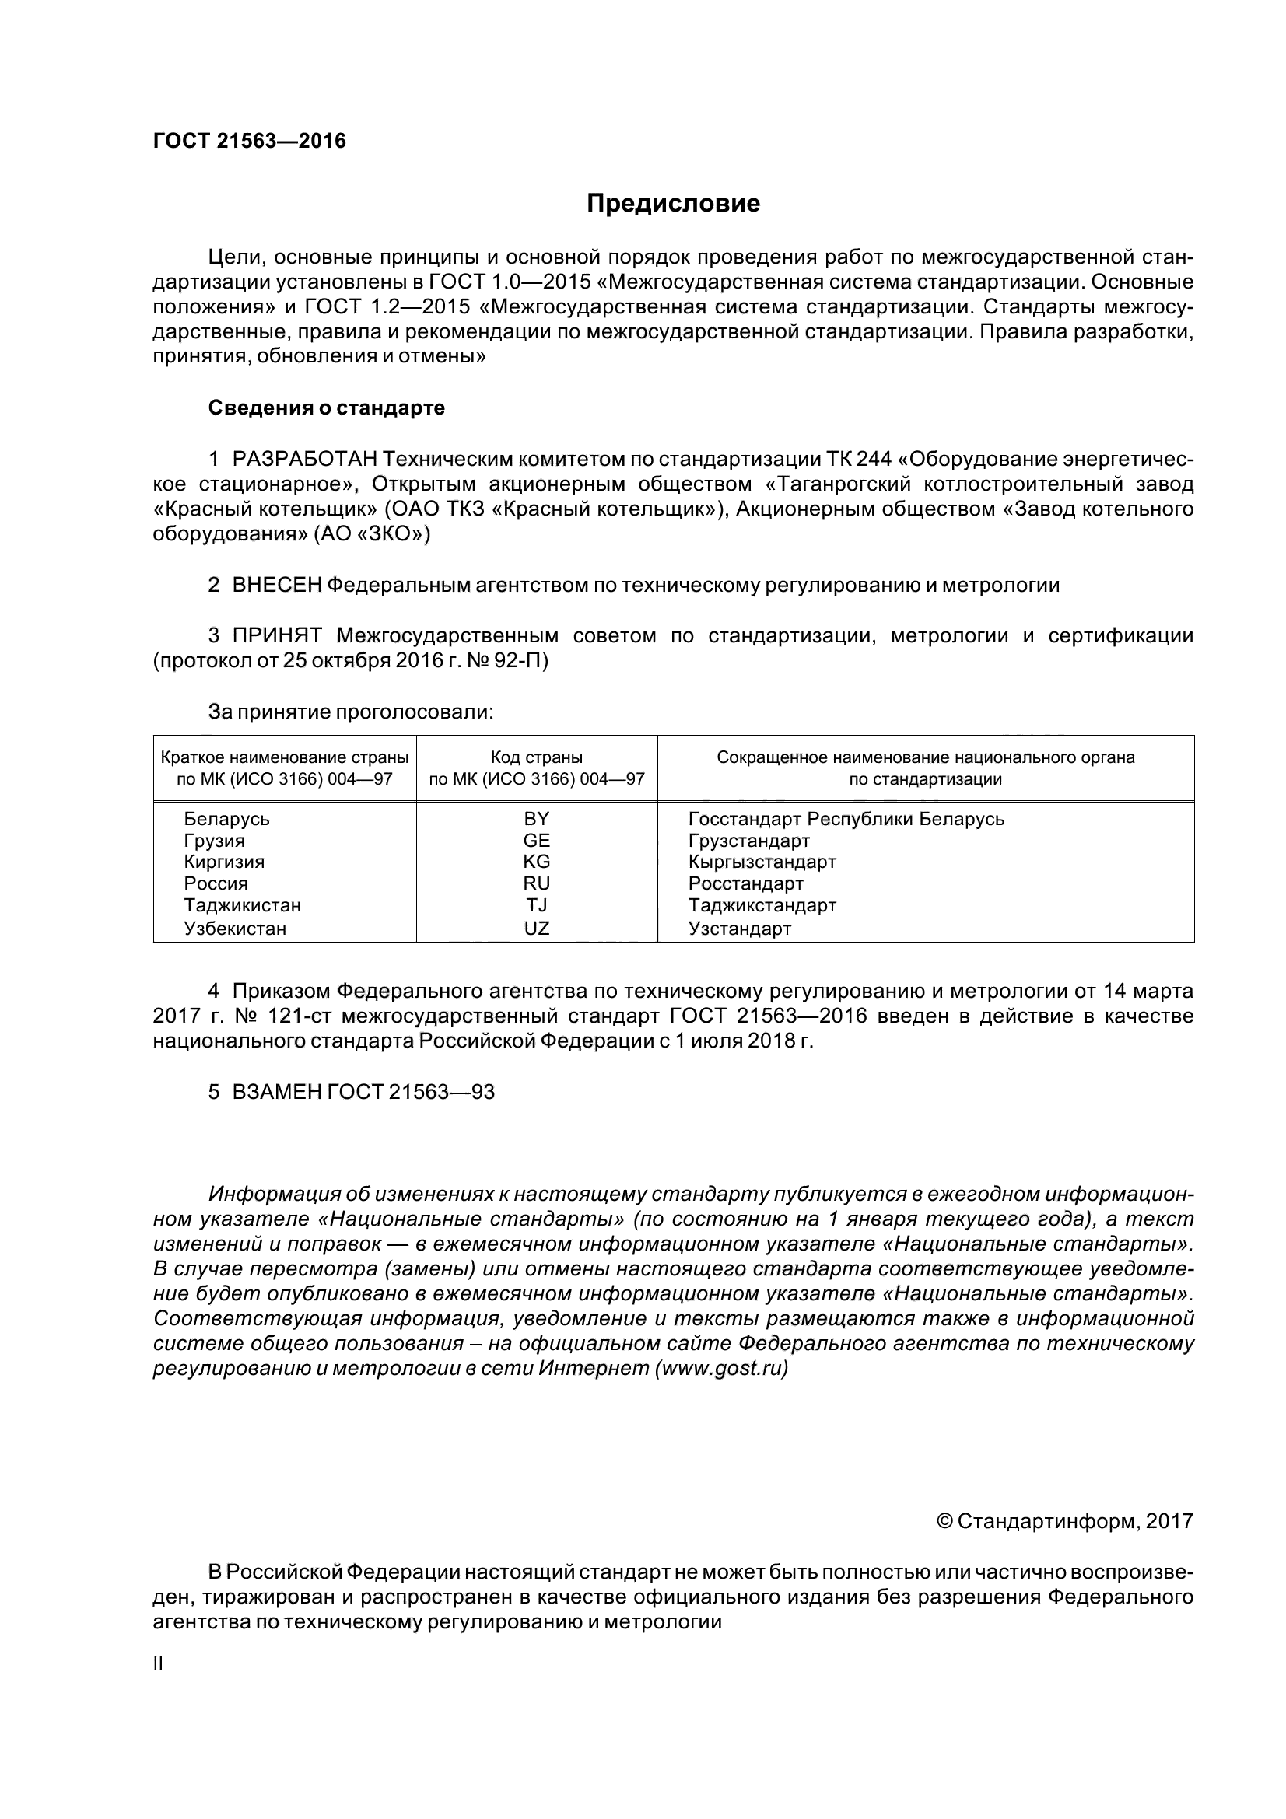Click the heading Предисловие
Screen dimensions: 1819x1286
coord(673,204)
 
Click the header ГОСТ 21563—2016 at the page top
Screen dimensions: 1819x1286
coord(249,141)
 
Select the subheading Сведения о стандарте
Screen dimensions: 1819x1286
coord(326,408)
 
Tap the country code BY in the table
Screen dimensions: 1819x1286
coord(537,818)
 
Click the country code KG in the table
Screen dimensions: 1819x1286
coord(537,861)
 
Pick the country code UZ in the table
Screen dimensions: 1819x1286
coord(537,928)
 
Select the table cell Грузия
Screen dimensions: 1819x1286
coord(214,840)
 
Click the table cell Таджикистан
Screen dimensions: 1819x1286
coord(243,904)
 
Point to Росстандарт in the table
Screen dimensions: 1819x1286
coord(745,883)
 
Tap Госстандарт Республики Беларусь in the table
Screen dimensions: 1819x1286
coord(846,818)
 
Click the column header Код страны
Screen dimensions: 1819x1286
coord(537,757)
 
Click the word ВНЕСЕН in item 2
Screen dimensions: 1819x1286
coord(276,586)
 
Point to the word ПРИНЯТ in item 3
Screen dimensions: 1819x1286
coord(276,635)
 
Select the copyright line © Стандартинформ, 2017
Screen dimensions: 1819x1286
coord(1064,1520)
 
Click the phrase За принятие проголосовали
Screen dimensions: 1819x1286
coord(350,712)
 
